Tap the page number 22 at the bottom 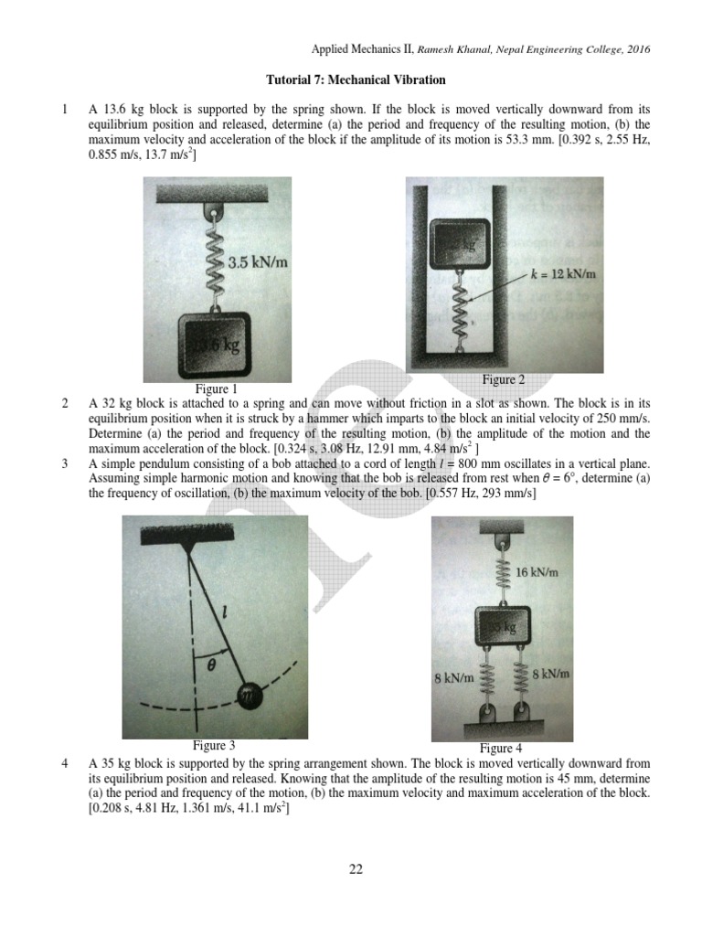click(356, 869)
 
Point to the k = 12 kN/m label click(563, 273)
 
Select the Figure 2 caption click(504, 379)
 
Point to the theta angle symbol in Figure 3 click(211, 666)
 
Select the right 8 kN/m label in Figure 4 click(551, 675)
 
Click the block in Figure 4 click(502, 628)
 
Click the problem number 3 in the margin click(65, 463)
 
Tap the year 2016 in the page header click(637, 49)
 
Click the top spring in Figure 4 click(502, 572)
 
